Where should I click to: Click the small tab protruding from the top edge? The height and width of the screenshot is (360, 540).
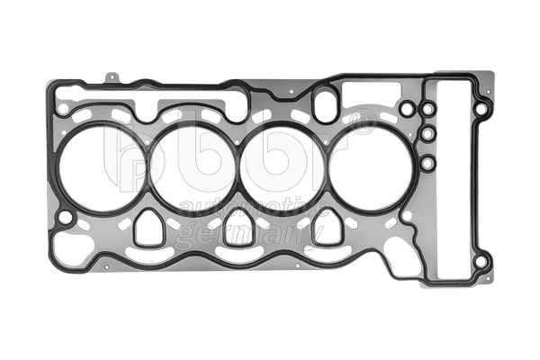[110, 78]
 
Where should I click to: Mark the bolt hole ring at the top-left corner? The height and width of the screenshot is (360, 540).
[63, 109]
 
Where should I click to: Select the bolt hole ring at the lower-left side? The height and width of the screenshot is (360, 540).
[66, 217]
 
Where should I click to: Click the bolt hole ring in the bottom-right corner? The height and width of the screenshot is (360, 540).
[481, 262]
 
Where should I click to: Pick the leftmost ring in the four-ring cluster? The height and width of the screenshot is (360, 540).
[407, 110]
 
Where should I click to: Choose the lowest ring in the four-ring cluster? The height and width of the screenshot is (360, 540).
[428, 163]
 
